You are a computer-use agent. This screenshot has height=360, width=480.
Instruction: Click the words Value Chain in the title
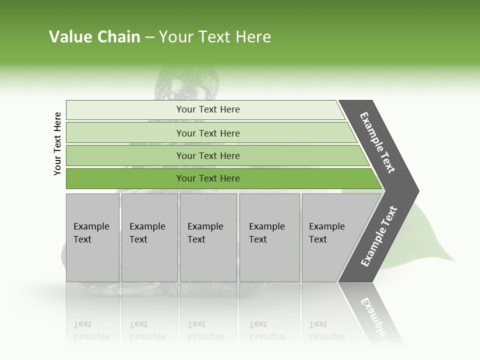(x=94, y=37)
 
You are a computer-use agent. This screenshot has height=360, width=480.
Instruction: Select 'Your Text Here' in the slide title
(x=215, y=37)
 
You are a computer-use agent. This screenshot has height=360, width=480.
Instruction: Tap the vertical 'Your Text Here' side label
(x=57, y=144)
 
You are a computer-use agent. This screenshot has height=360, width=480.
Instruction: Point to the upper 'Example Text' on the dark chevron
(x=377, y=142)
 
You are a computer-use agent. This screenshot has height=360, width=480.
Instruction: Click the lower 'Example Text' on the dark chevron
(x=379, y=236)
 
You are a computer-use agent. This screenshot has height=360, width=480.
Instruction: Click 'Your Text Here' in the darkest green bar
(x=208, y=178)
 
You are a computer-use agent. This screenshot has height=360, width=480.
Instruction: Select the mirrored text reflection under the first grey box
(x=91, y=330)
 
